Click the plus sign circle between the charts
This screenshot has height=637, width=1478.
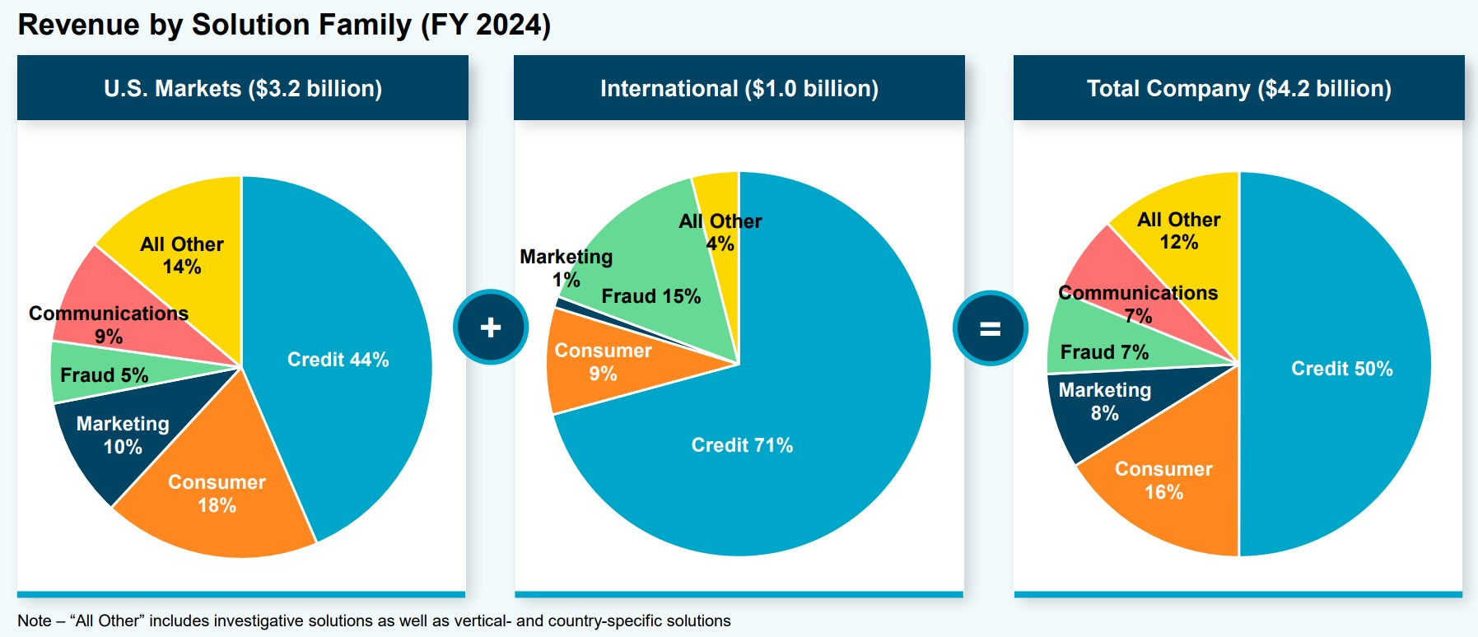click(x=491, y=327)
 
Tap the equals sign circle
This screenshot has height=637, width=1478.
click(x=990, y=328)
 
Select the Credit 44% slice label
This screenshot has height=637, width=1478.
click(x=338, y=360)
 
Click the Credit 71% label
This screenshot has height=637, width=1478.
click(x=742, y=445)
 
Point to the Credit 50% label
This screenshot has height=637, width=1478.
click(x=1341, y=369)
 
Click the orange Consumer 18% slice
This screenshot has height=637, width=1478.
click(x=217, y=494)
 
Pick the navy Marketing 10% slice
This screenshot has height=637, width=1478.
click(x=123, y=435)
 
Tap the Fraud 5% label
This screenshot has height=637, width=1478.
click(x=104, y=375)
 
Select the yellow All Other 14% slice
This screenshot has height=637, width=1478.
click(x=182, y=255)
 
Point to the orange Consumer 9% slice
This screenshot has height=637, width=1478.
click(x=603, y=362)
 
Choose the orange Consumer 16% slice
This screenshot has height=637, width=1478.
click(x=1163, y=481)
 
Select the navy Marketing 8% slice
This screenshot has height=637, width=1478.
click(x=1104, y=402)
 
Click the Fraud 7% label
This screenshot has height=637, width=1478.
click(x=1104, y=352)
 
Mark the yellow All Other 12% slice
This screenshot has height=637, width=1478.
click(x=1178, y=231)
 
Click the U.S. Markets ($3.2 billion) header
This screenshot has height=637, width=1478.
click(x=243, y=88)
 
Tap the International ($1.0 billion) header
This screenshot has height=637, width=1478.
click(x=739, y=88)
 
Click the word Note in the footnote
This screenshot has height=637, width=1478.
click(x=34, y=621)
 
